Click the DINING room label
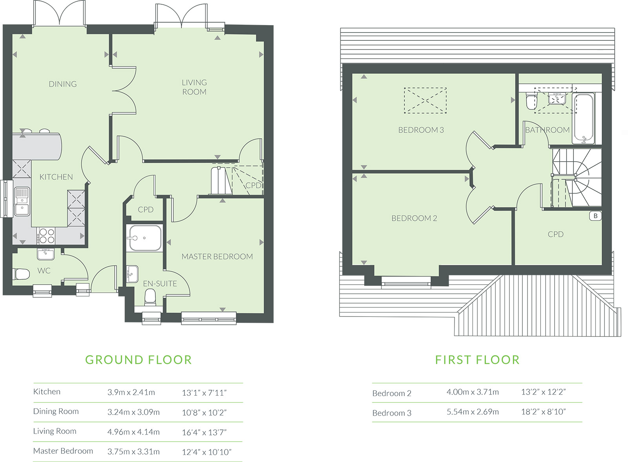click(x=63, y=84)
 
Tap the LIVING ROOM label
click(x=194, y=87)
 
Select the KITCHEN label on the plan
click(x=56, y=177)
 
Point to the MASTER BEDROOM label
click(x=217, y=256)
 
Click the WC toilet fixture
click(x=21, y=274)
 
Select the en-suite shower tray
click(x=144, y=238)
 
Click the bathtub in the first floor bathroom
click(x=584, y=119)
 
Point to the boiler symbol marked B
click(x=595, y=216)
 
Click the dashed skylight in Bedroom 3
click(x=425, y=100)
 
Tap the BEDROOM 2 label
click(x=414, y=218)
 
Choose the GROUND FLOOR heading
click(x=139, y=360)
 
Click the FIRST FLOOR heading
click(x=477, y=360)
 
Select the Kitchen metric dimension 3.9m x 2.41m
click(x=131, y=392)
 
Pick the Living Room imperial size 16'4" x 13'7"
click(x=204, y=432)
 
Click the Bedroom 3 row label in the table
click(x=392, y=413)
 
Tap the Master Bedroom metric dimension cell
click(x=133, y=452)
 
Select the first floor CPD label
click(x=555, y=234)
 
